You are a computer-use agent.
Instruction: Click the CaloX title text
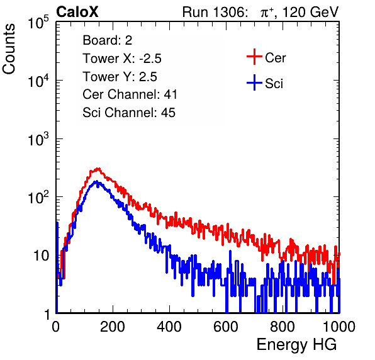point(77,12)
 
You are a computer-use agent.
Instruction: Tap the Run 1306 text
point(215,12)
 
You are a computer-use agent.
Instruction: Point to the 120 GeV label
point(311,12)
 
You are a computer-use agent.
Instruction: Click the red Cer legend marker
point(254,57)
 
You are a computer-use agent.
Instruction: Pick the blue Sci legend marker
point(254,83)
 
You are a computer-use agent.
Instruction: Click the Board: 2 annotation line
point(108,40)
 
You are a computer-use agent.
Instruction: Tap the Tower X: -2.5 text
point(122,59)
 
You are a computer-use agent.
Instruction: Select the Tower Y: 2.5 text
point(120,77)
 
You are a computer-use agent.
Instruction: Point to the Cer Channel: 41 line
point(130,94)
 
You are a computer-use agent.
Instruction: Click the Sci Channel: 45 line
point(129,113)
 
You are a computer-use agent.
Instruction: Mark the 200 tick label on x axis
point(113,327)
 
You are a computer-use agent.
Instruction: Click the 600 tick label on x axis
point(226,327)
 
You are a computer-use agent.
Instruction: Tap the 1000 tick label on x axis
point(339,327)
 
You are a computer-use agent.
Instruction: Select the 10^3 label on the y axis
point(38,139)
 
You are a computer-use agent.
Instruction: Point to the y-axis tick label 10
point(41,256)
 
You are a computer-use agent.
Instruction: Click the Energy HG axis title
point(296,345)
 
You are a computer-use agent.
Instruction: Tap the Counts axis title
point(9,49)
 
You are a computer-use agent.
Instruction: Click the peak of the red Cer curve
point(98,169)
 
